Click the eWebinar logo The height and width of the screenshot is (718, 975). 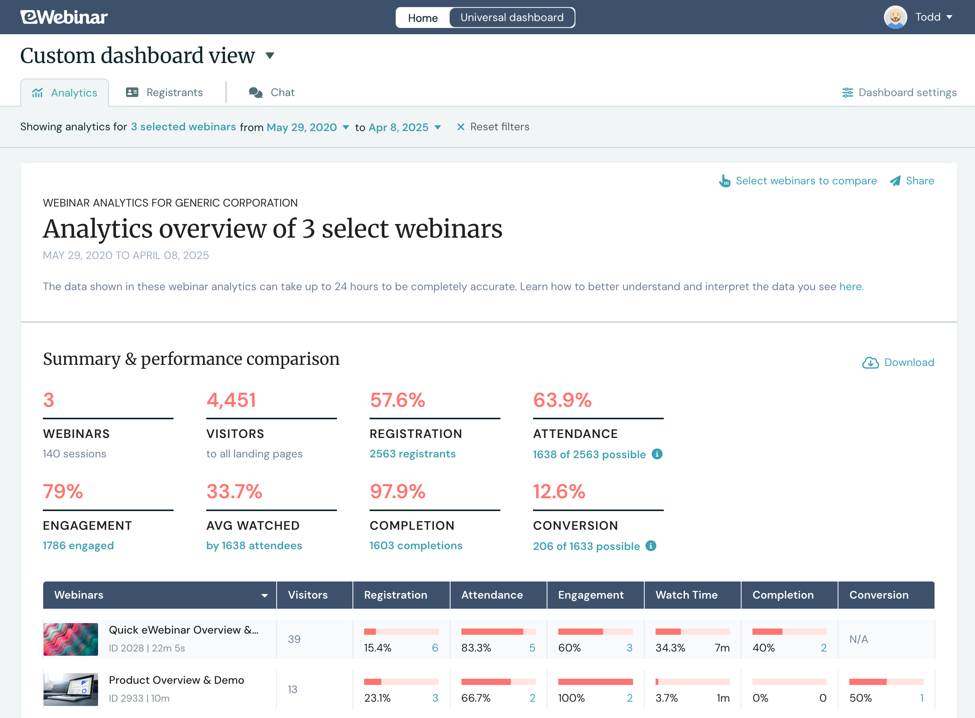click(64, 18)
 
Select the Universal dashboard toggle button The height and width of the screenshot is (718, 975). click(512, 18)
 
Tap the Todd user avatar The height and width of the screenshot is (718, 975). click(895, 18)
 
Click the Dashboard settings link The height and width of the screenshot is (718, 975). click(900, 93)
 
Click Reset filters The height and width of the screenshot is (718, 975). click(493, 127)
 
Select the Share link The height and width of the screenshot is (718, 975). click(912, 181)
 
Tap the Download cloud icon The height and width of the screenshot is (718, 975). click(870, 363)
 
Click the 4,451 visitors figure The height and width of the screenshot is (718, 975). click(231, 400)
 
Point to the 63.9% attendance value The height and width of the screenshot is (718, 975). click(562, 400)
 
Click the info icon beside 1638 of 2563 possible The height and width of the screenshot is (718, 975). click(657, 454)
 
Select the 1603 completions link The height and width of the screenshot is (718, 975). click(416, 545)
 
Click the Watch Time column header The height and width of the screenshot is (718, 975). click(686, 595)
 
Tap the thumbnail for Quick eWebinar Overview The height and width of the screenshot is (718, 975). click(71, 639)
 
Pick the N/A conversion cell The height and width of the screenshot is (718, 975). click(859, 639)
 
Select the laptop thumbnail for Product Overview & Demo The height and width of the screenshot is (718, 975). click(71, 689)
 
